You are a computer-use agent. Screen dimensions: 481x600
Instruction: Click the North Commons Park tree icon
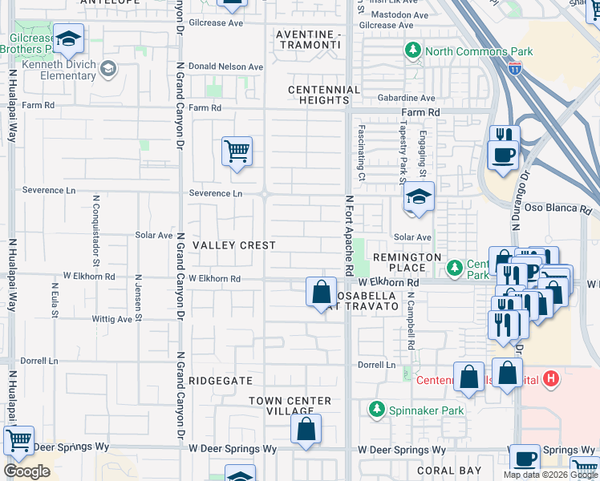pyautogui.click(x=413, y=51)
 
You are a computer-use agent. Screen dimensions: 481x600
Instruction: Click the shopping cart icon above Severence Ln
pyautogui.click(x=237, y=151)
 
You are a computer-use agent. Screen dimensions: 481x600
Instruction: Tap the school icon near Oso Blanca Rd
pyautogui.click(x=419, y=197)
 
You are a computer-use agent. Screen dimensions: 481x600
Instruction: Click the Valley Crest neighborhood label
pyautogui.click(x=234, y=245)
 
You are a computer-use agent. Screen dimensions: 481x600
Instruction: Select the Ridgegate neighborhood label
pyautogui.click(x=221, y=381)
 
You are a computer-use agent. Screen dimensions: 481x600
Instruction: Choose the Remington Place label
pyautogui.click(x=407, y=257)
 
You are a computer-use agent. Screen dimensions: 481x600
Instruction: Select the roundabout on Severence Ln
pyautogui.click(x=264, y=193)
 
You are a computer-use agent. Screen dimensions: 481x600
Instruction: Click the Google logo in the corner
pyautogui.click(x=26, y=471)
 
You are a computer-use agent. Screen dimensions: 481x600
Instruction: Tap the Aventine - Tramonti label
pyautogui.click(x=308, y=40)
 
